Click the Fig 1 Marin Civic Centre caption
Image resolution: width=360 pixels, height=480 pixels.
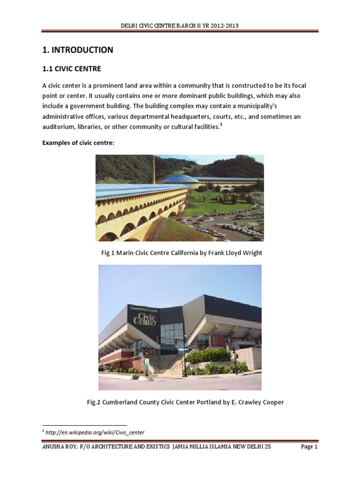[181, 253]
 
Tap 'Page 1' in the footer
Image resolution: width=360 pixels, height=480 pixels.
[309, 447]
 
